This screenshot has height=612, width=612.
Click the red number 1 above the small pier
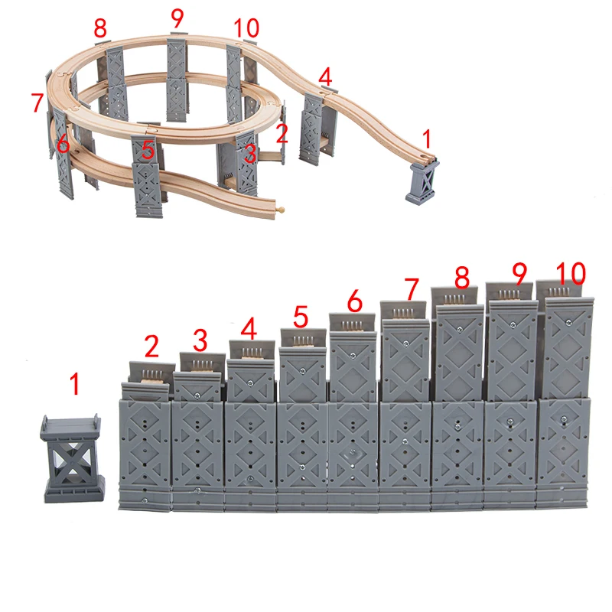(x=75, y=384)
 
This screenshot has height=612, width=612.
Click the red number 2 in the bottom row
(x=151, y=347)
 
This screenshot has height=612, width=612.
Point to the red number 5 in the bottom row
(x=301, y=316)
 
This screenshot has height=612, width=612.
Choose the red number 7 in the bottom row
(x=412, y=290)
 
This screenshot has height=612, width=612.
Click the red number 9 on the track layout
(x=177, y=16)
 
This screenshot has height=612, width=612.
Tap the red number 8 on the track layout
(x=100, y=29)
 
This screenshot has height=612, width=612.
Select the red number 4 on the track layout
(x=325, y=76)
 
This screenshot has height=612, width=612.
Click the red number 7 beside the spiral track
(x=37, y=103)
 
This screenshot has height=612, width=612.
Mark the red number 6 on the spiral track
(x=63, y=143)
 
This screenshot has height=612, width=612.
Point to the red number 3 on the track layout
(x=249, y=153)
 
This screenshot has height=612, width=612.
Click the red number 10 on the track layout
(x=247, y=28)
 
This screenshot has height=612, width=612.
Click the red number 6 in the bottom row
(x=354, y=301)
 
